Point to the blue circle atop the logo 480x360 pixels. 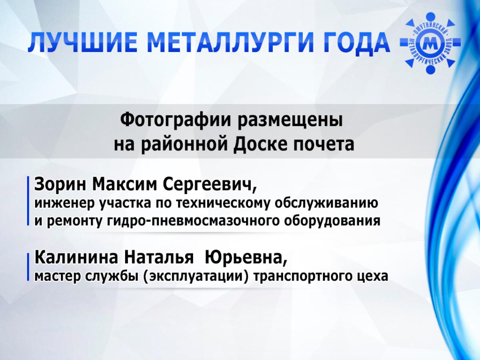tap(430, 17)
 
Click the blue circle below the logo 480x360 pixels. tap(430, 69)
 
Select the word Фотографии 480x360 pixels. tap(175, 121)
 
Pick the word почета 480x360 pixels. tap(324, 145)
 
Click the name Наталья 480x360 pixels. tap(159, 258)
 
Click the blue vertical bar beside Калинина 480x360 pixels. tap(28, 267)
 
